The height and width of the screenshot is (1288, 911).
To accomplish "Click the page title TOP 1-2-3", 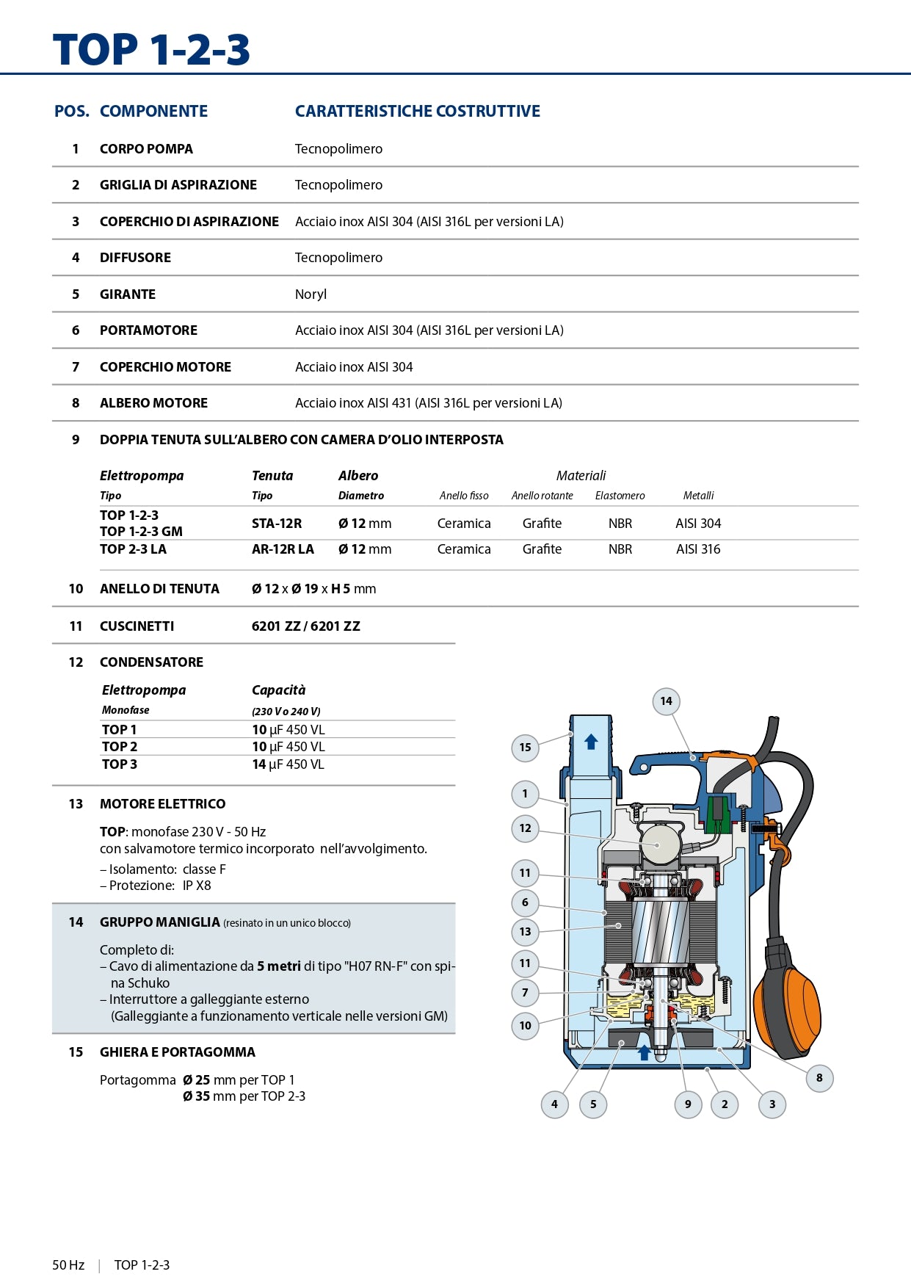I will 151,50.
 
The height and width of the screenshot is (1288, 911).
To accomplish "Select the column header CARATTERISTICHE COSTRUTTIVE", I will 417,111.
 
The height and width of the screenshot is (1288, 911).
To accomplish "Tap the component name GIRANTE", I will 128,294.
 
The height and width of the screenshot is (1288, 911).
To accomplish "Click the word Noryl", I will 311,294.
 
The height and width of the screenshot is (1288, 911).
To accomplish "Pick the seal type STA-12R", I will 277,524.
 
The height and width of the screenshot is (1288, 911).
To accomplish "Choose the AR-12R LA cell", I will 283,549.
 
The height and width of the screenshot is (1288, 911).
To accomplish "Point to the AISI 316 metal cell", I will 698,549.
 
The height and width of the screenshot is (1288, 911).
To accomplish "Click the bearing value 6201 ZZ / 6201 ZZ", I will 305,626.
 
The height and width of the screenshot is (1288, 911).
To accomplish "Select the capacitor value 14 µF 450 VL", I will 288,764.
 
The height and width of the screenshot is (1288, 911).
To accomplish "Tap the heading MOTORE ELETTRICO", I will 162,804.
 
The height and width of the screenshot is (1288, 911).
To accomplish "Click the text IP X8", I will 197,886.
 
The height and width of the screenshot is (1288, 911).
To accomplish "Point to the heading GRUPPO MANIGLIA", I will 160,922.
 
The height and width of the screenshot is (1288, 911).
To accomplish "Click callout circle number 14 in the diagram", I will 666,701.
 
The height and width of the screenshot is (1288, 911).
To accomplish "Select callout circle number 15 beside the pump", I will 525,748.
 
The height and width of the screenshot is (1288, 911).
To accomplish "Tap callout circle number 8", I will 819,1078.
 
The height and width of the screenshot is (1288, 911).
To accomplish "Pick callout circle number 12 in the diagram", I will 525,828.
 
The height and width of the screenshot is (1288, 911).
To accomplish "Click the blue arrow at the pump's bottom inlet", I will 644,1052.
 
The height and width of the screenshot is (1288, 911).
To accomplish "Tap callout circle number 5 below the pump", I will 593,1104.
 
